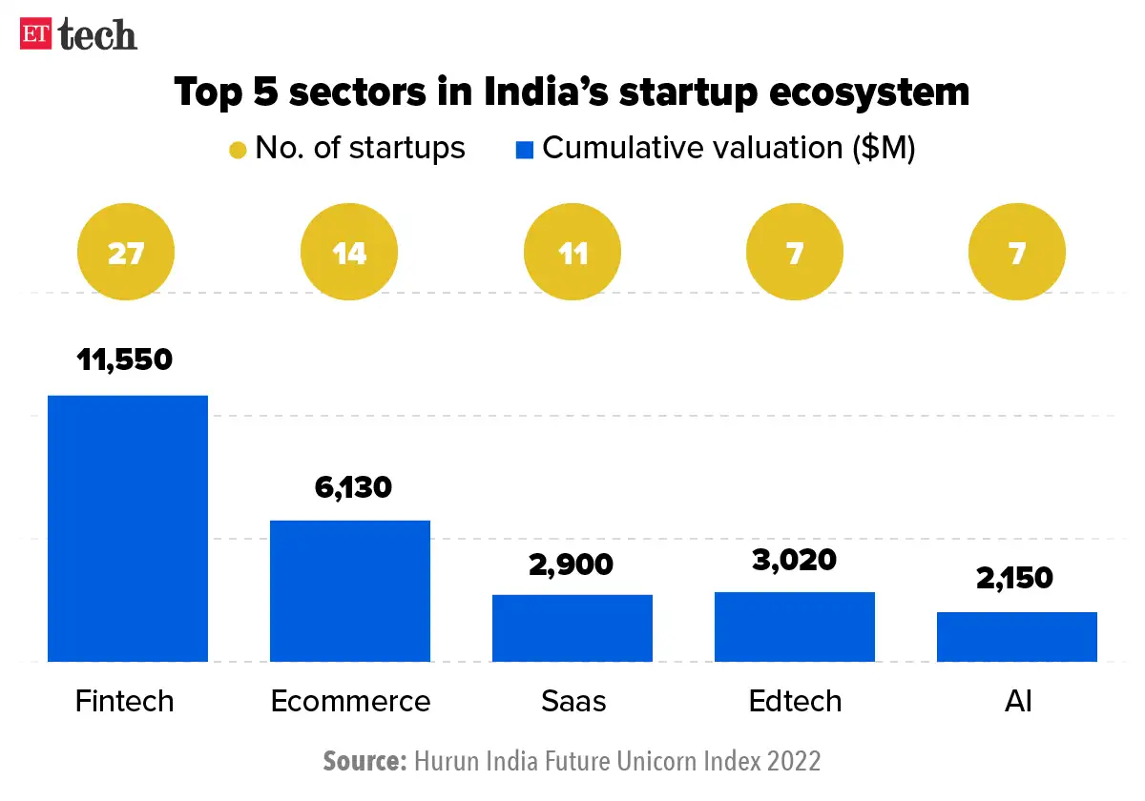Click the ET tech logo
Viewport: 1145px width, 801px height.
pos(78,34)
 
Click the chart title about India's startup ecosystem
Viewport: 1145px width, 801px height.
pos(572,92)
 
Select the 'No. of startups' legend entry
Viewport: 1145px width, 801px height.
pos(347,149)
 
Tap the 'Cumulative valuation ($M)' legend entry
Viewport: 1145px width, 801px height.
pos(716,149)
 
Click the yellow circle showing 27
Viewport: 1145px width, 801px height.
pos(127,254)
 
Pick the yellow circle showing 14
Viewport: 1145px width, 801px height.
pos(349,254)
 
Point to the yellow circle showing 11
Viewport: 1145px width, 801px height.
pos(572,254)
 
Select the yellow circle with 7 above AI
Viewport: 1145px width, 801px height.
pos(1017,254)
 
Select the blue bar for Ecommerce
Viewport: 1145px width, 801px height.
pos(349,590)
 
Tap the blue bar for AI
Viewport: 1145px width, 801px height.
pos(1017,636)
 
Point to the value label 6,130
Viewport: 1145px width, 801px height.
pos(353,487)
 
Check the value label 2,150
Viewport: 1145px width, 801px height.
pos(1014,578)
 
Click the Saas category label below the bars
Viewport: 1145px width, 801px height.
pos(573,701)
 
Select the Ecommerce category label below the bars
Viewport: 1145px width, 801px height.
pos(350,701)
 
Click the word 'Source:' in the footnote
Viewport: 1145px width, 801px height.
pos(364,761)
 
